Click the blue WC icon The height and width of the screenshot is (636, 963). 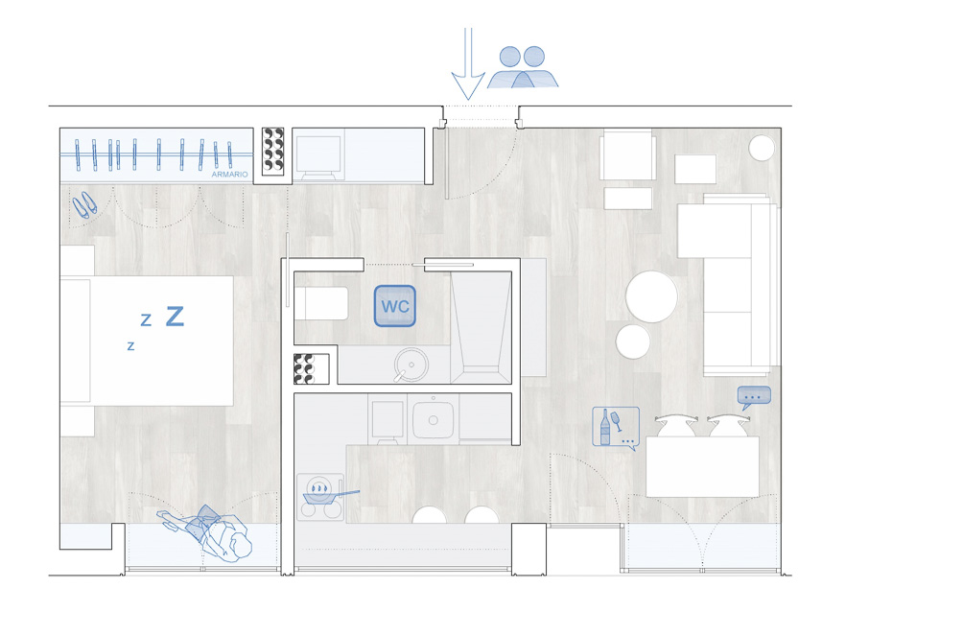click(395, 305)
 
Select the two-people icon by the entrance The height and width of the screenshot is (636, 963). click(523, 67)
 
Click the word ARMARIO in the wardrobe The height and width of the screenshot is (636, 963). click(229, 175)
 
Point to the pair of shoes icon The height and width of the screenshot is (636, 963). click(84, 204)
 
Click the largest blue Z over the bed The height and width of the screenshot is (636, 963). click(175, 317)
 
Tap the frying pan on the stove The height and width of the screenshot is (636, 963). click(325, 493)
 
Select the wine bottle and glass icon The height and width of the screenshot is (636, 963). click(616, 428)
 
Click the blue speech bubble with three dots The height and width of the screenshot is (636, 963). click(754, 397)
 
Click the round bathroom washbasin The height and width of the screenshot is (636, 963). click(411, 365)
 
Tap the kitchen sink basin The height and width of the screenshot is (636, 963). click(433, 420)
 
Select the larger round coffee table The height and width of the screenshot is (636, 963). click(651, 296)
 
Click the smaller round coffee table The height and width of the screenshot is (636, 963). click(633, 342)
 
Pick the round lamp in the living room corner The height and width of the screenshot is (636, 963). click(762, 148)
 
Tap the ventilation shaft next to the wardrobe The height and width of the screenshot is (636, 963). click(273, 152)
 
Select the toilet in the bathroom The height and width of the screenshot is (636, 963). click(321, 302)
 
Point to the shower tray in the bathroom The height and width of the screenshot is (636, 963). click(481, 327)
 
